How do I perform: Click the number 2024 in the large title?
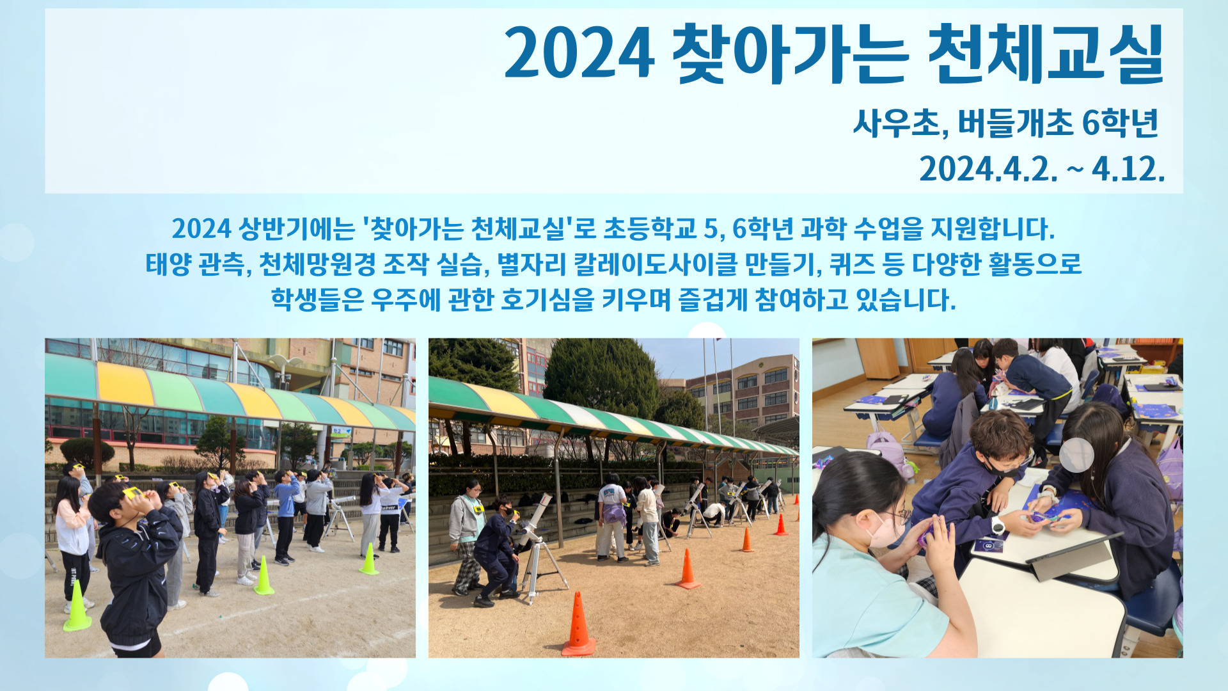579,52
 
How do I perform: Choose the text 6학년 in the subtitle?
1120,123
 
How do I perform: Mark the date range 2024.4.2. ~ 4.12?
1042,169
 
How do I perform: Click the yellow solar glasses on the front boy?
133,493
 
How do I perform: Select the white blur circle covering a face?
1076,455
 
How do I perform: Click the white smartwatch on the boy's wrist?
997,525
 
